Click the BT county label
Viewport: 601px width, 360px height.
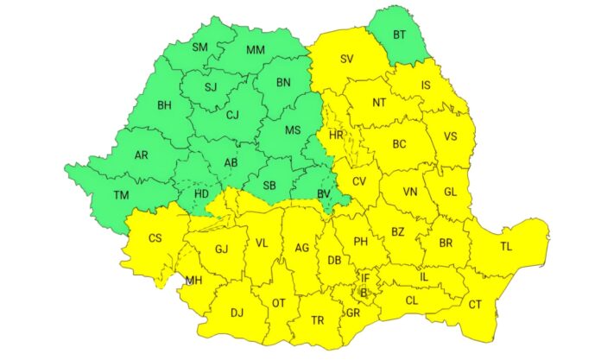click(400, 35)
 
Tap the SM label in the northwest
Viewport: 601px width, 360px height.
click(200, 47)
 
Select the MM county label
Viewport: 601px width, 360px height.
click(256, 50)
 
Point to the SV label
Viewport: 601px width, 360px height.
click(347, 59)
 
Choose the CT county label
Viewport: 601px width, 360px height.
click(475, 305)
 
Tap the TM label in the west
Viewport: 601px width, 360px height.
click(121, 196)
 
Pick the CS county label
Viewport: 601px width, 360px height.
click(155, 238)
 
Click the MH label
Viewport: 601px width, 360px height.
click(195, 281)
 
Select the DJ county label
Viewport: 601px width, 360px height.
click(236, 313)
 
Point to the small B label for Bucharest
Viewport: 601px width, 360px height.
click(364, 293)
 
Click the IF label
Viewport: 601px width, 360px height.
click(365, 279)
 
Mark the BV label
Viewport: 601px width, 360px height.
click(324, 194)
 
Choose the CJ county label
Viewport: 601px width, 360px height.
click(232, 114)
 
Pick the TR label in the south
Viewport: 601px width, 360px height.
click(317, 320)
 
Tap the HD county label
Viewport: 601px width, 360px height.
click(201, 193)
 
